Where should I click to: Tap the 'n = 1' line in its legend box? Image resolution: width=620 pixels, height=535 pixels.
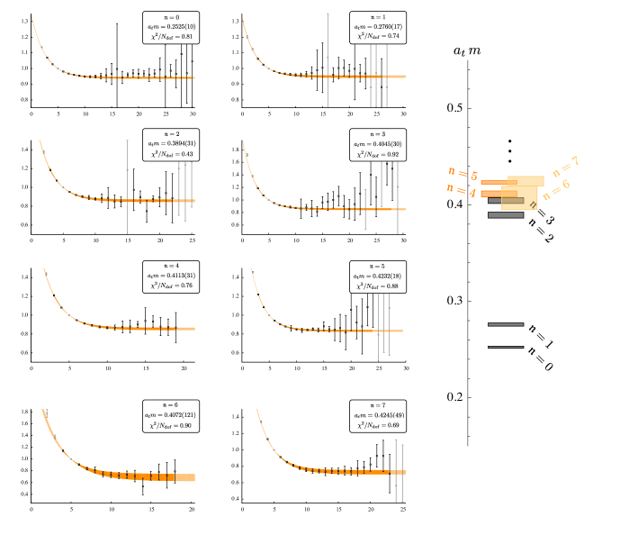(378, 17)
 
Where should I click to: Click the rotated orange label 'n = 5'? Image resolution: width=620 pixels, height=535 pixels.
(463, 173)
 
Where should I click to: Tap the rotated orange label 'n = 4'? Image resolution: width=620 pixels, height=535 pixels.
(462, 190)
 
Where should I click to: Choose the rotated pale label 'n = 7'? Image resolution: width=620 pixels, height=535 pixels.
(565, 166)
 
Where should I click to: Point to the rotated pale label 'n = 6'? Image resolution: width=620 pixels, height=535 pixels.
(555, 189)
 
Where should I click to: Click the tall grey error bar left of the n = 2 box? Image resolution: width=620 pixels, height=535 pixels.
(127, 186)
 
